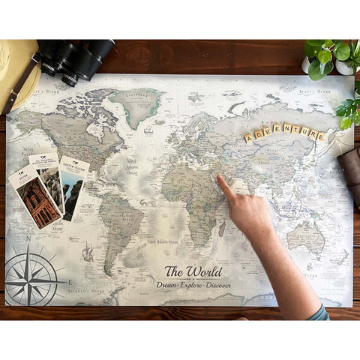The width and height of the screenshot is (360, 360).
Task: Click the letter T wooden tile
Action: pyautogui.click(x=295, y=129)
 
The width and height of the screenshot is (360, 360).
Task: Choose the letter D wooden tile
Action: pyautogui.click(x=258, y=135)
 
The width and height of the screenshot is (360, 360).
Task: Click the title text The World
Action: pyautogui.click(x=193, y=271)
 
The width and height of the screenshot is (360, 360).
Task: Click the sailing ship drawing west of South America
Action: pyautogui.click(x=88, y=251)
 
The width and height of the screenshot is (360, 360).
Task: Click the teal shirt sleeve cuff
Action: pyautogui.click(x=319, y=311)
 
